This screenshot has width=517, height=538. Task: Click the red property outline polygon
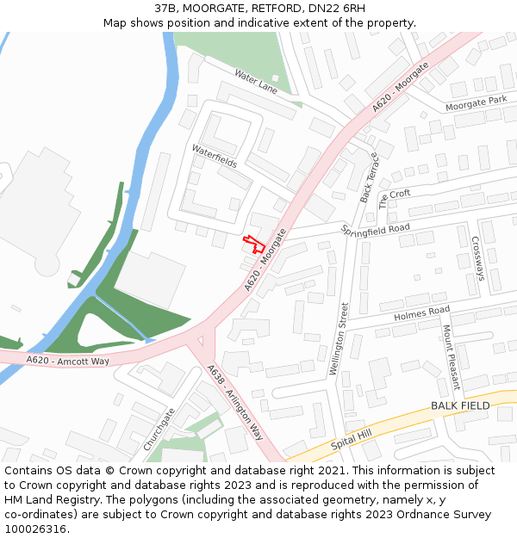coord(251,243)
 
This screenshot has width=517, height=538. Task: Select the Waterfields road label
coord(214,156)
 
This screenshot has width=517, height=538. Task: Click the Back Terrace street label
coord(369,177)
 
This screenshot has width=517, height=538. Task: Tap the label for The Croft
coord(395,199)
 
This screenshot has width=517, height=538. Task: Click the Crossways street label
coord(478,258)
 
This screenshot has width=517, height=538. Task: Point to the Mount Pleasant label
coord(449,356)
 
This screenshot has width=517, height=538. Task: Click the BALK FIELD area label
coord(460,405)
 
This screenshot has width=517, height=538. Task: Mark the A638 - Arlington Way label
coord(234,402)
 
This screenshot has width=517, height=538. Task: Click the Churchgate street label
coord(160,428)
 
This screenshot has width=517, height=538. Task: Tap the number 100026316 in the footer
coord(35,529)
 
